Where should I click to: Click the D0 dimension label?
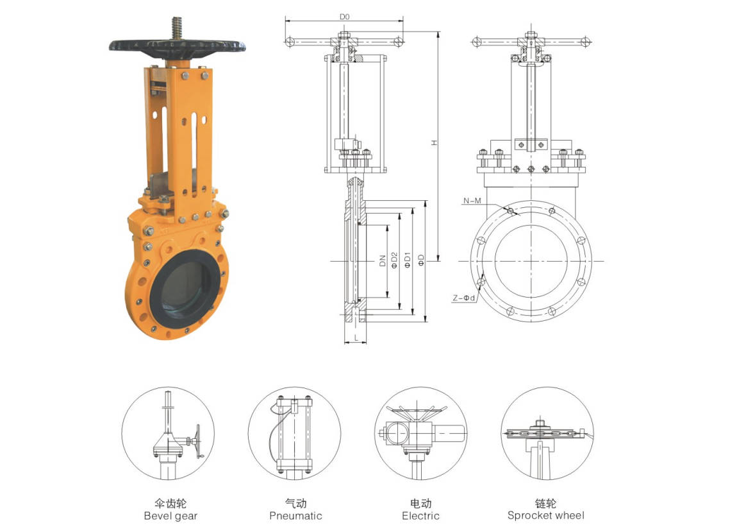pos(344,17)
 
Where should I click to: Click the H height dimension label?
pos(435,142)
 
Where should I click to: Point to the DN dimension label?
pos(383,261)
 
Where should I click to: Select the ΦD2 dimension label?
pos(394,260)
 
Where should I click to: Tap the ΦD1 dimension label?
pos(407,260)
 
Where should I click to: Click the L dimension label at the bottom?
pos(356,338)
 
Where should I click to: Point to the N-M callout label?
pos(472,201)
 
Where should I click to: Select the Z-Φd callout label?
pos(463,298)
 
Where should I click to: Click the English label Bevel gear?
pos(170,516)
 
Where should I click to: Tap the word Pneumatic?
pos(295,516)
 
